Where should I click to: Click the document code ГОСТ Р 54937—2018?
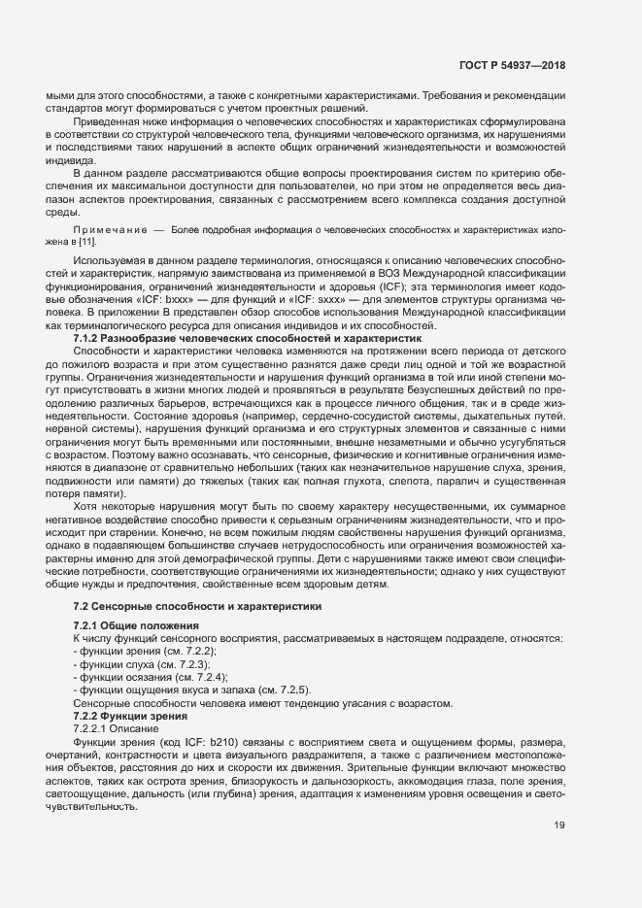[x=511, y=66]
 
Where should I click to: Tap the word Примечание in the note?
[x=110, y=230]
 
